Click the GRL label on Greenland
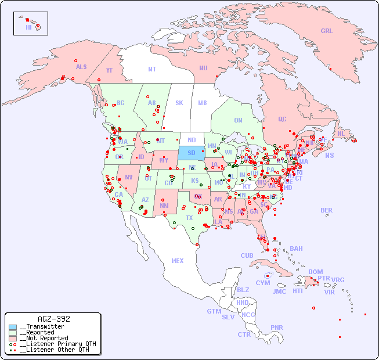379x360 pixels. pyautogui.click(x=327, y=31)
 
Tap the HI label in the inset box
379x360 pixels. pyautogui.click(x=28, y=27)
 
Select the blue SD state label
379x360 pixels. pyautogui.click(x=191, y=153)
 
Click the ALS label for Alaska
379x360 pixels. pyautogui.click(x=81, y=67)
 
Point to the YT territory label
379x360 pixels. pyautogui.click(x=109, y=70)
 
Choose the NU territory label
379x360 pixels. pyautogui.click(x=203, y=68)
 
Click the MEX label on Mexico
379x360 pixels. pyautogui.click(x=178, y=261)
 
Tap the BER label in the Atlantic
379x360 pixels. pyautogui.click(x=326, y=211)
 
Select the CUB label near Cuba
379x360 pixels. pyautogui.click(x=247, y=256)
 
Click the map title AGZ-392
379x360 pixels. pyautogui.click(x=53, y=319)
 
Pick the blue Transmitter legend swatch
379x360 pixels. pyautogui.click(x=13, y=327)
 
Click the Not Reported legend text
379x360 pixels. pyautogui.click(x=44, y=338)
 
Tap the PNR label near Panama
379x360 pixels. pyautogui.click(x=277, y=327)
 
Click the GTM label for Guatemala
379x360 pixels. pyautogui.click(x=214, y=312)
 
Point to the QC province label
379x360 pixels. pyautogui.click(x=282, y=120)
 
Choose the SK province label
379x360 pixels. pyautogui.click(x=179, y=103)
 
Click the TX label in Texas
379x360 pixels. pyautogui.click(x=189, y=218)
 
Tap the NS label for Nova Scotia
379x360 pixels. pyautogui.click(x=329, y=156)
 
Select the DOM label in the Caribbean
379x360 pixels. pyautogui.click(x=315, y=272)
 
